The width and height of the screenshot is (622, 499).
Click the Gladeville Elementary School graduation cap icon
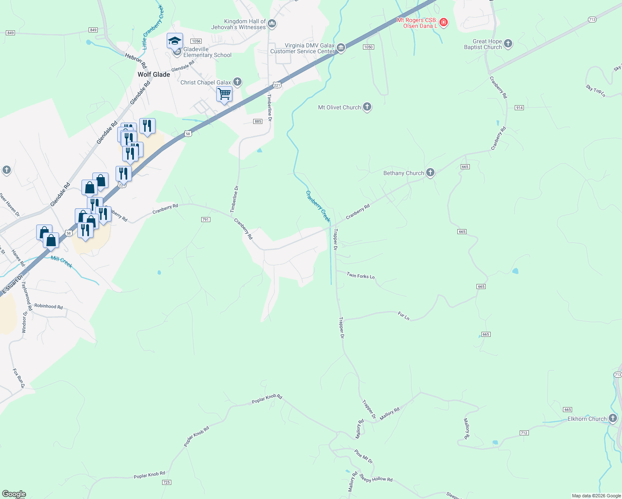click(175, 41)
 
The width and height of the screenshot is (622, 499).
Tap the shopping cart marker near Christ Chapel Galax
click(224, 94)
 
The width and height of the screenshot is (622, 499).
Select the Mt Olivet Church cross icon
click(367, 107)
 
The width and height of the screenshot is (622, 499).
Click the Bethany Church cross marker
click(430, 173)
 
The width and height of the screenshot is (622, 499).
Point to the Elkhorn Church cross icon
click(613, 418)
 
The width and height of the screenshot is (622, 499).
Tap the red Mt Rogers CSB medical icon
click(444, 22)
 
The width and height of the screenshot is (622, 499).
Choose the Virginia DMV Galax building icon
click(341, 48)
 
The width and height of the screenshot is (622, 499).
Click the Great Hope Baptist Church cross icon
click(508, 44)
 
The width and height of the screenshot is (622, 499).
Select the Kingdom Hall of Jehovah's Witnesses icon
click(272, 24)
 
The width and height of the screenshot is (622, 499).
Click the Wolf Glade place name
click(154, 74)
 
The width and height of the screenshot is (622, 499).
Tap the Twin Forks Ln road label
click(360, 276)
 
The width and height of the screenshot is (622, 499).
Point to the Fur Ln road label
click(403, 316)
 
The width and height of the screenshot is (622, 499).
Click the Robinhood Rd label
click(48, 306)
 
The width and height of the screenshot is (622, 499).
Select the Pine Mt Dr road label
click(364, 456)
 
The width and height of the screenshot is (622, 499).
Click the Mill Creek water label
click(62, 262)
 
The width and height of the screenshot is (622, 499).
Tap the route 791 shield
click(205, 220)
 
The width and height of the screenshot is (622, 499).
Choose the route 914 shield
click(519, 108)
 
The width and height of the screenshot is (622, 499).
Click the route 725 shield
click(166, 482)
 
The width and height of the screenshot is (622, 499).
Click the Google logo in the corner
click(14, 494)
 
